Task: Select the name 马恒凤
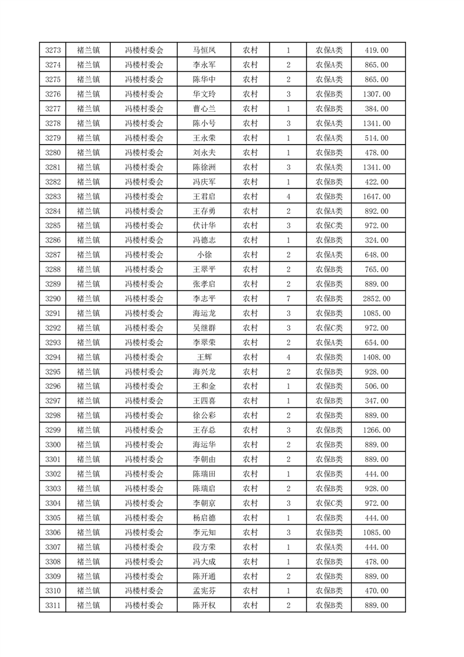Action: [x=204, y=50]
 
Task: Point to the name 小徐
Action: [x=204, y=255]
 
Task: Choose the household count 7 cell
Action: [x=288, y=299]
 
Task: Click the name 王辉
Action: [x=204, y=357]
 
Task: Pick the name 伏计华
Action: [x=204, y=225]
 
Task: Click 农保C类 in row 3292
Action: [x=329, y=328]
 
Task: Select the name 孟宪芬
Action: [x=204, y=591]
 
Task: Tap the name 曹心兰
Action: [x=204, y=109]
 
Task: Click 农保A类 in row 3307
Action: [x=329, y=547]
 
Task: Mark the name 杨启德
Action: [x=204, y=518]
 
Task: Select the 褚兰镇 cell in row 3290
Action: [x=88, y=299]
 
